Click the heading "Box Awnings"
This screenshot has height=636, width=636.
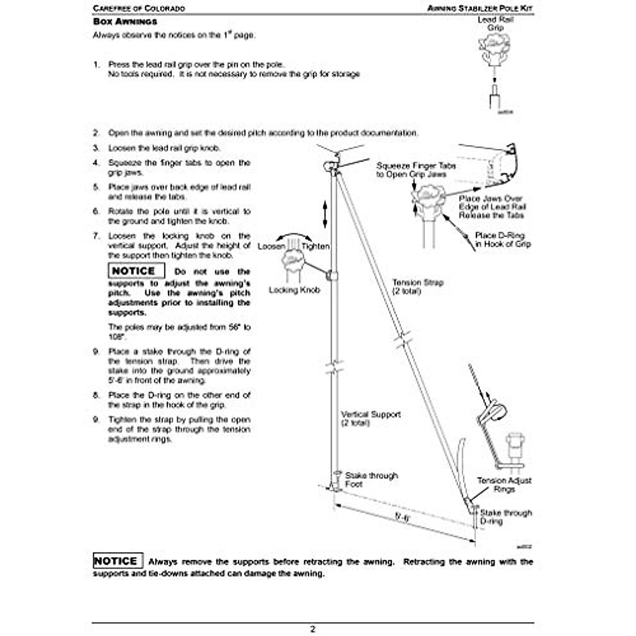point(125,22)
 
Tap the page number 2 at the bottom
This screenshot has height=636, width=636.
point(313,629)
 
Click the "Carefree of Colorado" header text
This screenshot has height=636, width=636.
point(139,8)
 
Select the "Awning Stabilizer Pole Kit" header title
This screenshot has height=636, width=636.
point(480,8)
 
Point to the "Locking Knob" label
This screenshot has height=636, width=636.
point(294,290)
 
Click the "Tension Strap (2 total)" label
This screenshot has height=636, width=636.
point(418,287)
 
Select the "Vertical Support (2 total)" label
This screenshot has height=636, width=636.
point(370,418)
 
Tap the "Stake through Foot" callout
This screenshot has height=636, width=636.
point(371,480)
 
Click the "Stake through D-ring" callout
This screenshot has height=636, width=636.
point(506,517)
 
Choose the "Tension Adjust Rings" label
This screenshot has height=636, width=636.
point(503,484)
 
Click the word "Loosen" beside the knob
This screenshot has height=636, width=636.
point(271,246)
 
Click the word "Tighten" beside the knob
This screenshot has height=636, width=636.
point(315,246)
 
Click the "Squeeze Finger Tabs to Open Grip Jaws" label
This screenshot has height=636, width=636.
point(416,170)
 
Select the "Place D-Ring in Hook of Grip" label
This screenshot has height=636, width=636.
point(502,240)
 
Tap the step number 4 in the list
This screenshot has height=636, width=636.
point(96,163)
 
